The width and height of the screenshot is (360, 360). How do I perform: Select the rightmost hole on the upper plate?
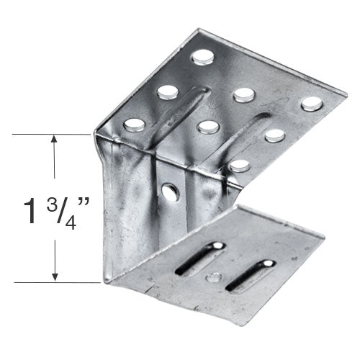click(312, 103)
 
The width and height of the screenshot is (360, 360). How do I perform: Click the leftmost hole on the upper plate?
click(134, 125)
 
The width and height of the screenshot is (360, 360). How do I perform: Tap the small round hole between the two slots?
click(214, 277)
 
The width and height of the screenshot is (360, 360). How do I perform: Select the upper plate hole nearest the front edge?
click(240, 166)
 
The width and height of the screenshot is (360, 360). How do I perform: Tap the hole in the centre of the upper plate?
click(207, 127)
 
